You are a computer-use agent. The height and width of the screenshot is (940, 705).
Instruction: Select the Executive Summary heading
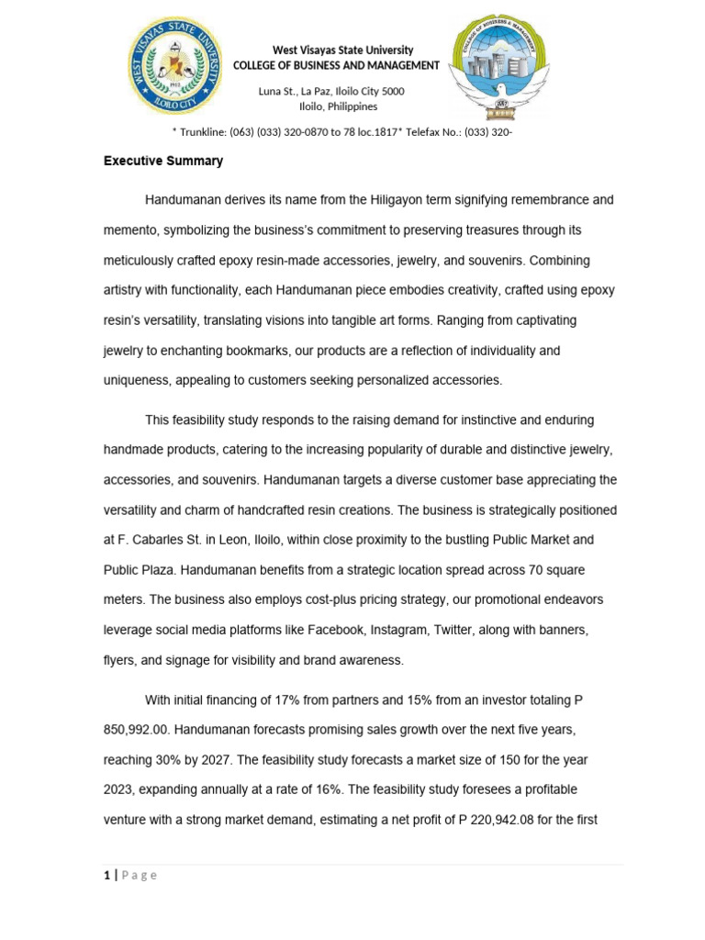[163, 161]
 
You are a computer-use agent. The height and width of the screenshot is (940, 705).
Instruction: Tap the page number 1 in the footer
[106, 875]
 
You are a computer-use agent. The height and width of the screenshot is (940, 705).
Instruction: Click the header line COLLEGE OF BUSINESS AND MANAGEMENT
[336, 65]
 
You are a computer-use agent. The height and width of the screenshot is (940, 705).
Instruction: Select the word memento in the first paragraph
[129, 229]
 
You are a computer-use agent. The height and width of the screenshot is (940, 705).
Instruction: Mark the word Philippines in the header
[346, 106]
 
